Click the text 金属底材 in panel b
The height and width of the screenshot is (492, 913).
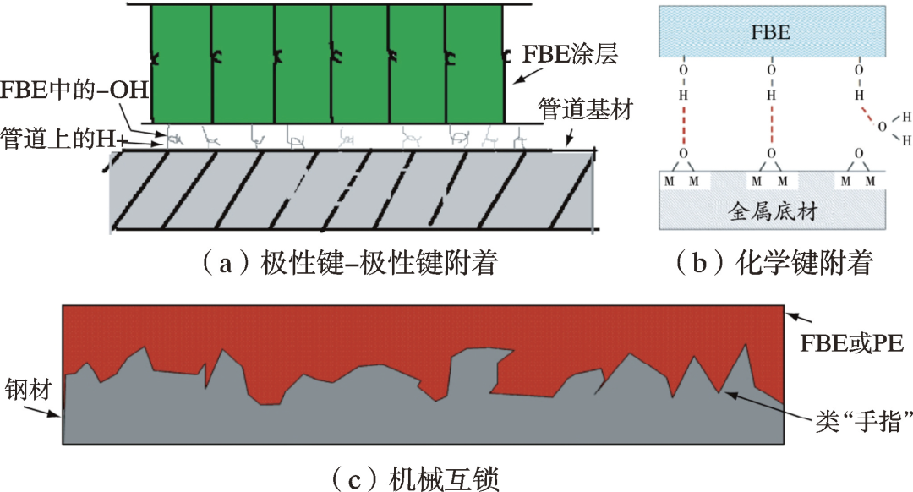pyautogui.click(x=770, y=211)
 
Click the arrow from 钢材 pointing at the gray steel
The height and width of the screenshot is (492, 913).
pyautogui.click(x=46, y=408)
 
